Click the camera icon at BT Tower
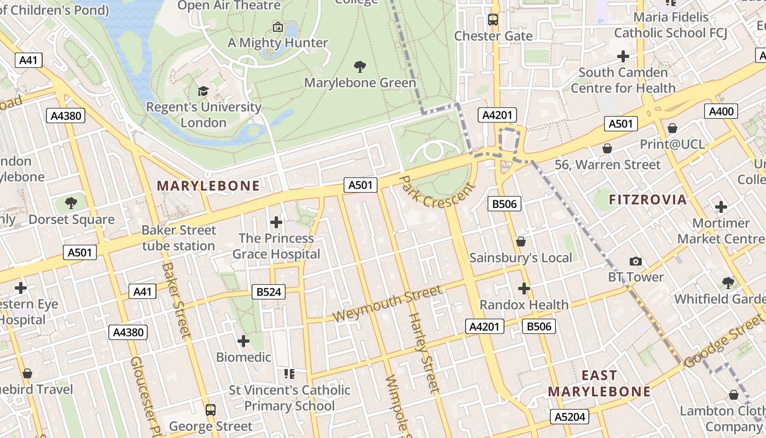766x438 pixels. (x=636, y=261)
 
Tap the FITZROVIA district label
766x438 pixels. (x=647, y=199)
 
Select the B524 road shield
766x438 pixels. (x=269, y=292)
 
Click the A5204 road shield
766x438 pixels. (x=570, y=417)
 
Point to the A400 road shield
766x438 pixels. (x=721, y=112)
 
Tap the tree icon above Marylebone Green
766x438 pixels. (x=360, y=67)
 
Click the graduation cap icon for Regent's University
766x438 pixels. (x=203, y=91)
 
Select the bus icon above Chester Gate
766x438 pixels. (x=493, y=20)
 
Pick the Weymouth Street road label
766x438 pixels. (x=387, y=304)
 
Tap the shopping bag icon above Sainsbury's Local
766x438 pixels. (x=521, y=241)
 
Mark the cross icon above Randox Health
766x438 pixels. (x=524, y=288)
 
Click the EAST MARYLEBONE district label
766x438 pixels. (x=599, y=383)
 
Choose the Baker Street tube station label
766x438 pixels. (x=178, y=238)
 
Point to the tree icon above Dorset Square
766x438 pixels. (x=71, y=203)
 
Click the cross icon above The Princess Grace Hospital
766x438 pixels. (x=276, y=222)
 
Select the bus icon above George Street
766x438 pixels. (x=210, y=410)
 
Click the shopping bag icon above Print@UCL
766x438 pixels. (x=672, y=129)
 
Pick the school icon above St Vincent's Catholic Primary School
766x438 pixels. (x=289, y=374)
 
